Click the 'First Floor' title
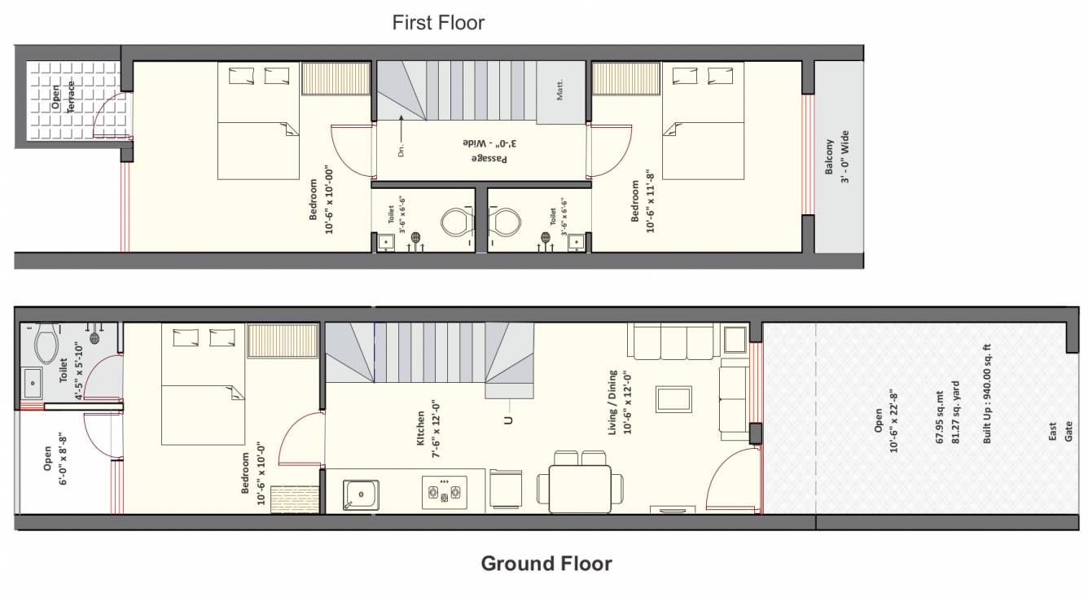[x=438, y=23]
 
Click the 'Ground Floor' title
[x=546, y=563]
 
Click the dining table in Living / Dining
[x=580, y=488]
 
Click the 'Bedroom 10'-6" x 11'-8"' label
[x=643, y=207]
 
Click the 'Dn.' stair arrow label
[x=401, y=150]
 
